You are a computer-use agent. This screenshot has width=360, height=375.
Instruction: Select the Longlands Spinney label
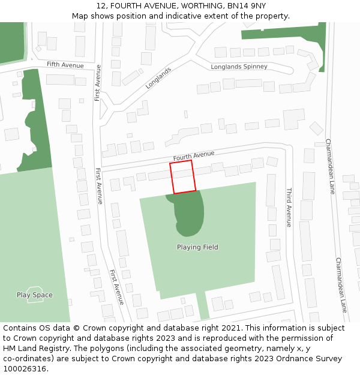(239, 67)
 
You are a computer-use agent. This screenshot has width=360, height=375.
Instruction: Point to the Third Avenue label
(289, 207)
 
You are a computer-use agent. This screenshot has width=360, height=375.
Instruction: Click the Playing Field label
(197, 247)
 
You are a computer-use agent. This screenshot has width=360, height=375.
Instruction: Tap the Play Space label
(34, 295)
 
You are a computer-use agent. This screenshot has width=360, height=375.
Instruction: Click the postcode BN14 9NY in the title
(248, 6)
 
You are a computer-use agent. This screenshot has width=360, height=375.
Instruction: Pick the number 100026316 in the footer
(25, 369)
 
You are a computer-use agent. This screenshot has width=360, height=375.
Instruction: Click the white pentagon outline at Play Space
(35, 295)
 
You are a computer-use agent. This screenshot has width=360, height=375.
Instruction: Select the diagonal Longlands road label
(158, 78)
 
